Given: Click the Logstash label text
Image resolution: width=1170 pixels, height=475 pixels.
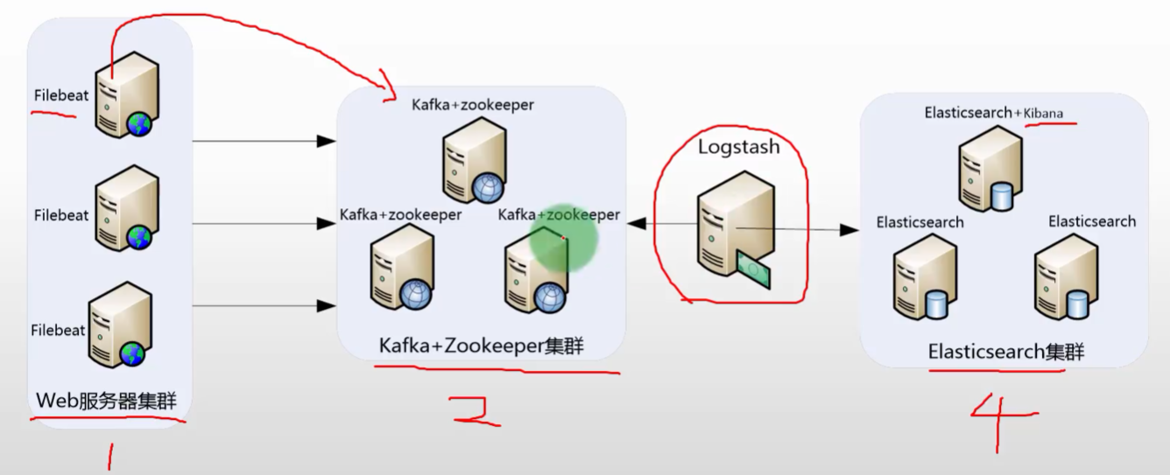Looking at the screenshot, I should point(738,147).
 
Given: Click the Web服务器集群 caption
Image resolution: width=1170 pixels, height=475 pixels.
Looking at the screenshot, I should point(106,402).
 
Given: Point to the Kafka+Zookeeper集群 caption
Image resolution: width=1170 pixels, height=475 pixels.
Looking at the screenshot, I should point(481,346).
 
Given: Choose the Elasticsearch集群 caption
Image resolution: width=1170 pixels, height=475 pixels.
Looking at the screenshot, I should point(1005,352).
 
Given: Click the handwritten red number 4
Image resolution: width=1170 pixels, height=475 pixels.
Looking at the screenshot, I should point(1004,420).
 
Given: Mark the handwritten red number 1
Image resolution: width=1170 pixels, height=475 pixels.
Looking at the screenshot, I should point(110,455).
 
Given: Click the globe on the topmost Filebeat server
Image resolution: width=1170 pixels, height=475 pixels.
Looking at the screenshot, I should point(138,124).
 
